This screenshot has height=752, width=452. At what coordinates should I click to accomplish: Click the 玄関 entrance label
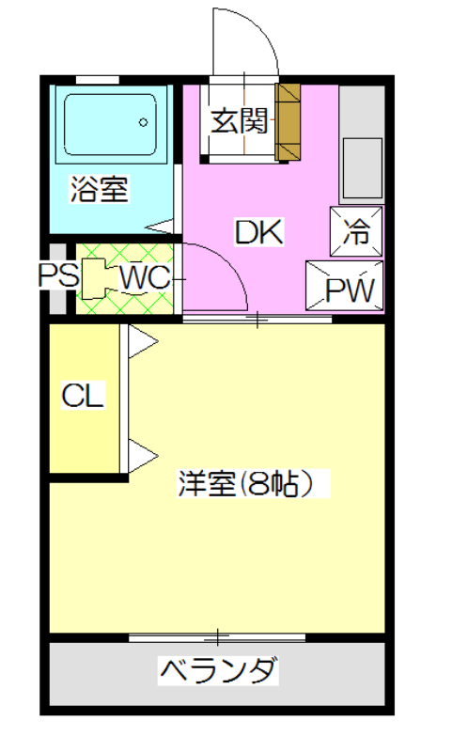[240, 120]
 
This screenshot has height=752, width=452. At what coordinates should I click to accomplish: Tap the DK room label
[258, 231]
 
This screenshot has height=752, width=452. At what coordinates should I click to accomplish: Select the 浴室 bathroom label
[100, 189]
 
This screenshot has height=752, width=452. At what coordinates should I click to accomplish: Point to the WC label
[145, 277]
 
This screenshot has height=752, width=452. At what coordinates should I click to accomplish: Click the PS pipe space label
[58, 275]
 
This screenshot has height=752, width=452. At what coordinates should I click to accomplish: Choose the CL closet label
[83, 395]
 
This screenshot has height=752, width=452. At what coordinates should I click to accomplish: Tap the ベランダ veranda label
[219, 671]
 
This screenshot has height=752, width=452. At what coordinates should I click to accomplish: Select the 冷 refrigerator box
[356, 231]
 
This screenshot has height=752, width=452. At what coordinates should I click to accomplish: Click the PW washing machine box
[345, 286]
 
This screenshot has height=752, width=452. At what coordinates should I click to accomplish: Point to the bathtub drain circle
[143, 122]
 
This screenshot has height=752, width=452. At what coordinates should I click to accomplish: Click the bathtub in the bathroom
[110, 124]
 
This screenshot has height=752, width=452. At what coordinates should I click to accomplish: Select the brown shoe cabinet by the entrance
[288, 122]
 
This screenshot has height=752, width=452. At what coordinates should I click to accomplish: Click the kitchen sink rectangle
[363, 168]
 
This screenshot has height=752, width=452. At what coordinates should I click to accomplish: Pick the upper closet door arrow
[142, 341]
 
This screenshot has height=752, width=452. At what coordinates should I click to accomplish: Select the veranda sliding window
[217, 637]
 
